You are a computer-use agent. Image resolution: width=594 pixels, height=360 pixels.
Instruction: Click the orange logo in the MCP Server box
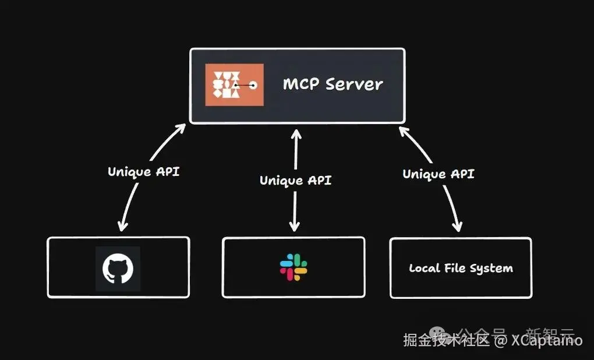pos(234,84)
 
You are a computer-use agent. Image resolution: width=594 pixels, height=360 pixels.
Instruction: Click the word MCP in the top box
pos(300,84)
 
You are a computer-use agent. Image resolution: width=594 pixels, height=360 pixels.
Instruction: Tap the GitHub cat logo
pos(118,269)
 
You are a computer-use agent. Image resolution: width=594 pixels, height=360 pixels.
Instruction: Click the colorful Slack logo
pos(294,267)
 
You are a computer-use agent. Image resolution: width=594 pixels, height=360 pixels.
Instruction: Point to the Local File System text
pos(461,269)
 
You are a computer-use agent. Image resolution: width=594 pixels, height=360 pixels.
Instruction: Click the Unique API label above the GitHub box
pos(144,172)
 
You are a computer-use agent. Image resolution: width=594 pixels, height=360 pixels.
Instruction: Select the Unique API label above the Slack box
pos(295,180)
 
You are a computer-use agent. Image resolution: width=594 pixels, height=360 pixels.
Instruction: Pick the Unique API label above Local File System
pos(438,174)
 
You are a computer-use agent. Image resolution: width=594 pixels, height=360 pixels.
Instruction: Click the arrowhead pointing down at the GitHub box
pos(122,225)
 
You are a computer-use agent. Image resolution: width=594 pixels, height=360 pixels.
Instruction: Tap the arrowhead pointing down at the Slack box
pos(295,226)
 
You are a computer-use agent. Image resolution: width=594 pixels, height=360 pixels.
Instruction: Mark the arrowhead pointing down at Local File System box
pos(459,225)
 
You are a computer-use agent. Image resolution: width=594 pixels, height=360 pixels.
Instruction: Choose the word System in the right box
pos(493,269)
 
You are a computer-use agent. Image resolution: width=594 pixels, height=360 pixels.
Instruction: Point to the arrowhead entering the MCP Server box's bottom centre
pos(296,135)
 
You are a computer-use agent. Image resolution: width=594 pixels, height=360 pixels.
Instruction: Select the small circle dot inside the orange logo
pos(253,86)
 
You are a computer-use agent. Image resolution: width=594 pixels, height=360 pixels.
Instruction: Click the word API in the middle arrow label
pos(319,180)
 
